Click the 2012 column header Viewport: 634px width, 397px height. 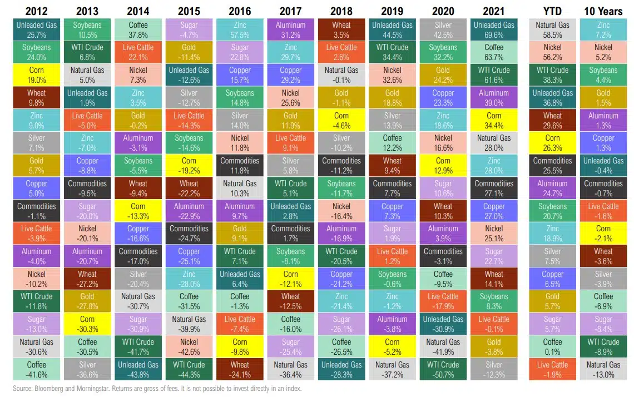36,11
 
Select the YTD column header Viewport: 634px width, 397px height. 552,11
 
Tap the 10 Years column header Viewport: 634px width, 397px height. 603,11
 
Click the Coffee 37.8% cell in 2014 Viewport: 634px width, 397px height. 138,30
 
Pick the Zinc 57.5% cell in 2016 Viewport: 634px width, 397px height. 240,30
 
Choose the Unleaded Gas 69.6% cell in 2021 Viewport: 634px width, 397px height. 494,30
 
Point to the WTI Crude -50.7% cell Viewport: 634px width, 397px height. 443,370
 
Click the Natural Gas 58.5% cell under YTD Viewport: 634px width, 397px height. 552,30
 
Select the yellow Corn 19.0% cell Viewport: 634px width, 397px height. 36,75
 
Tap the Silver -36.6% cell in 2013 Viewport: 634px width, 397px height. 87,370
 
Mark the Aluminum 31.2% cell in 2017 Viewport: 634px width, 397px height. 290,30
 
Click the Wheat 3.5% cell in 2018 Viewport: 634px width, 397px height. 341,30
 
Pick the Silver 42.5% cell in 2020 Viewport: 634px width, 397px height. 443,30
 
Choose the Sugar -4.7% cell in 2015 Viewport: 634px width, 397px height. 189,30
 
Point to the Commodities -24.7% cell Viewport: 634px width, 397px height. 189,234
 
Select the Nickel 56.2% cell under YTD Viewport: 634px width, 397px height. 552,52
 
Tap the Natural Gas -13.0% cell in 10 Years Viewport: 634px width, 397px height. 603,370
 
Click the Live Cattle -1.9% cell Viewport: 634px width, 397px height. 552,370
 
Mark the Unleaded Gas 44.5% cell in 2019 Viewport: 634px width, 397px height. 392,30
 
